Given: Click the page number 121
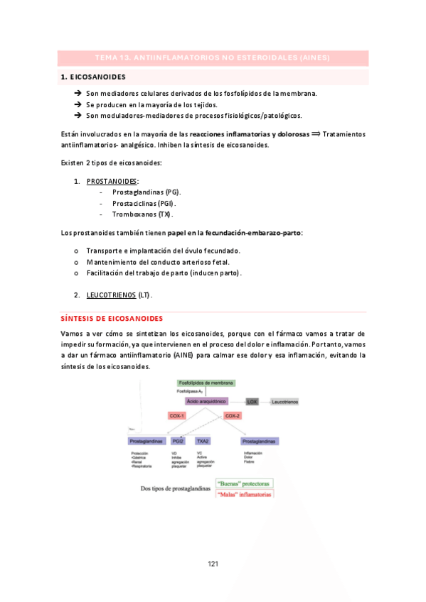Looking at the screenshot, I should (212, 564).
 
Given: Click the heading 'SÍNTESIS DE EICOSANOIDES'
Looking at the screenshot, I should (112, 319).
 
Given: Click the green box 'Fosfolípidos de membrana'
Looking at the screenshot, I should (206, 383).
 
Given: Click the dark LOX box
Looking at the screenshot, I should (251, 402).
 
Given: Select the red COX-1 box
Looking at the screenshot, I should (177, 415).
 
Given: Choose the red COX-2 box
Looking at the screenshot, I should (233, 415).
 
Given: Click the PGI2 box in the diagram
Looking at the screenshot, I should (178, 441).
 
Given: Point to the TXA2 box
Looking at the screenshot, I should (203, 441).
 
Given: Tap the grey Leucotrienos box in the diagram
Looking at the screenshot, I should (284, 402).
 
